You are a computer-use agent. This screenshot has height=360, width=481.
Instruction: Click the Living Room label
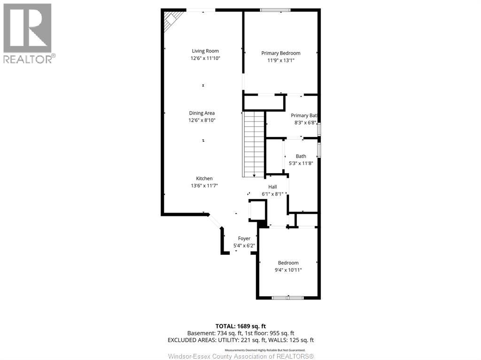[205, 51]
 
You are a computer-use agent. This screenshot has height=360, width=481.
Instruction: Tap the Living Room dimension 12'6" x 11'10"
[205, 59]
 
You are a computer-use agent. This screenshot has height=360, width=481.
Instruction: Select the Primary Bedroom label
[280, 53]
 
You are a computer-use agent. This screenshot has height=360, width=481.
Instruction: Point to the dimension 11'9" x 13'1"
[280, 61]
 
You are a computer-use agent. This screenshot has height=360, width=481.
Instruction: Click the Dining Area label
[202, 113]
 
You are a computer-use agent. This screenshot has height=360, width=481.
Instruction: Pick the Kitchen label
[204, 178]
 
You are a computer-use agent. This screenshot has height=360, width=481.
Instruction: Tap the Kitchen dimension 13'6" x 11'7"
[204, 186]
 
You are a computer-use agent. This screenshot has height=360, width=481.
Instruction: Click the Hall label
[272, 187]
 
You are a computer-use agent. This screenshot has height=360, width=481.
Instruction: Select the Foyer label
[244, 238]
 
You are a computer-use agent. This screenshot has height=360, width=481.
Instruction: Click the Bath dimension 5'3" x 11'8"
[301, 163]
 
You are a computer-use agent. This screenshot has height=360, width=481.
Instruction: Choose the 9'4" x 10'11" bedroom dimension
[288, 270]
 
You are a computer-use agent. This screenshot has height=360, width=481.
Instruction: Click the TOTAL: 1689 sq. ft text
[240, 326]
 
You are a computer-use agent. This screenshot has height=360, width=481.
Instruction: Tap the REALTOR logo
[28, 33]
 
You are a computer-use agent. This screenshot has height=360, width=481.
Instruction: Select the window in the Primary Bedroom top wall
[275, 10]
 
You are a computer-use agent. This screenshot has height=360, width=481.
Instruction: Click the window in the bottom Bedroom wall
[288, 298]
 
